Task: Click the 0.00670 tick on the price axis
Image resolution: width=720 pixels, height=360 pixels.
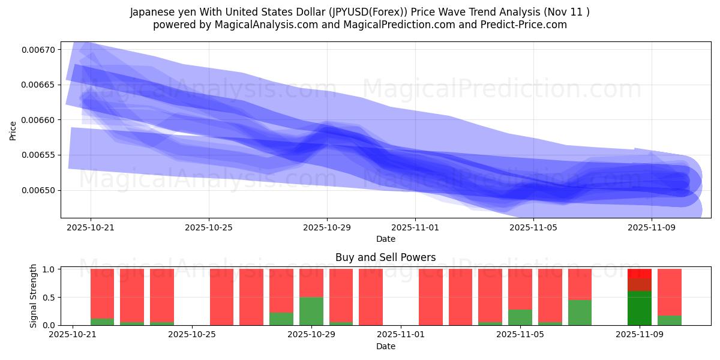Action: coord(37,49)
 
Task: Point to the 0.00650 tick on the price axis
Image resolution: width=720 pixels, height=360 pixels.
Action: coord(37,190)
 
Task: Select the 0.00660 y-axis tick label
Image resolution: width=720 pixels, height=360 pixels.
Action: coord(37,120)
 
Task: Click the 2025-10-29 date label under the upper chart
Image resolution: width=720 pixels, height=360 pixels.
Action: coord(327,227)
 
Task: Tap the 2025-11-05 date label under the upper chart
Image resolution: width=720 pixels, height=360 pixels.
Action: coord(533,227)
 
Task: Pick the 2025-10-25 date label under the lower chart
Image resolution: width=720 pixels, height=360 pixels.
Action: coord(191,335)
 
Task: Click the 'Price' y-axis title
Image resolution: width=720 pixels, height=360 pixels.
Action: coord(13,130)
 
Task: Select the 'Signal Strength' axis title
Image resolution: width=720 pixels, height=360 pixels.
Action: coord(34,296)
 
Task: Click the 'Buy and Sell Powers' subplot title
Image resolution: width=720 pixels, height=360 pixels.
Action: coord(385,257)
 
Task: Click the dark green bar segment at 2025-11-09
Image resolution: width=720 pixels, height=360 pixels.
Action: coord(640,308)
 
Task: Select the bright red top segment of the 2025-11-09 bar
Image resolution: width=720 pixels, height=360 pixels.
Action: coord(640,273)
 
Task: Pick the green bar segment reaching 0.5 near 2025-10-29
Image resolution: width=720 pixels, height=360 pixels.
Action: coord(311,311)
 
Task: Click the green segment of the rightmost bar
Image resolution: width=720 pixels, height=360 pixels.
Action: coord(670,320)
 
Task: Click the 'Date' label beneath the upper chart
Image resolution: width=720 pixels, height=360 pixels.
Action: coord(385,239)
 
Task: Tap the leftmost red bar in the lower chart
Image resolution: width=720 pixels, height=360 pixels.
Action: coord(102,291)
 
